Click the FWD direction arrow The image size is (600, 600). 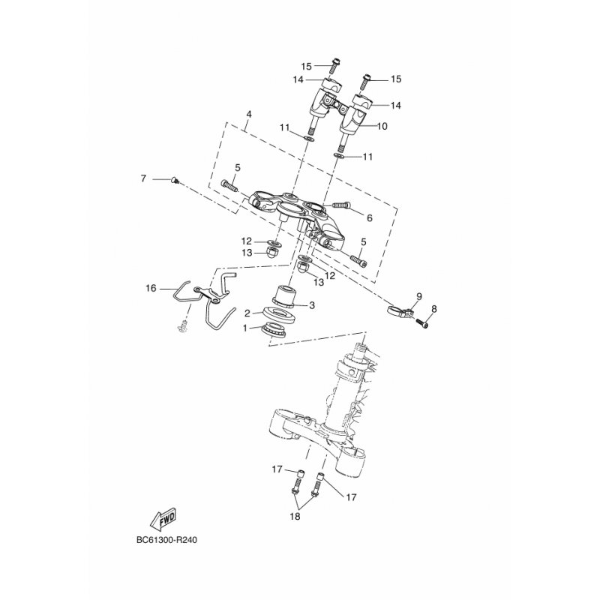click(x=163, y=518)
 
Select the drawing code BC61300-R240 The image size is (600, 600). click(x=167, y=540)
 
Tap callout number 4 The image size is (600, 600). click(x=249, y=114)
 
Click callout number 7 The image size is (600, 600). click(x=143, y=178)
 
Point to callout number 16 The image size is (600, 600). click(x=151, y=288)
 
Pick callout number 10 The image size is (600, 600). click(x=382, y=125)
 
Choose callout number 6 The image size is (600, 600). click(x=369, y=218)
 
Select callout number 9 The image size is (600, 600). click(x=419, y=296)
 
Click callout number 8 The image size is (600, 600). click(x=434, y=309)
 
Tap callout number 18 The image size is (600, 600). click(x=295, y=516)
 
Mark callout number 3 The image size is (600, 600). click(x=312, y=305)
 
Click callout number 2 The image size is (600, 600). click(x=247, y=313)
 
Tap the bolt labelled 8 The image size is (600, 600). click(x=422, y=324)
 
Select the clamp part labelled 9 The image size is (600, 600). click(x=400, y=309)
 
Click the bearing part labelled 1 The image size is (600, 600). click(x=274, y=331)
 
